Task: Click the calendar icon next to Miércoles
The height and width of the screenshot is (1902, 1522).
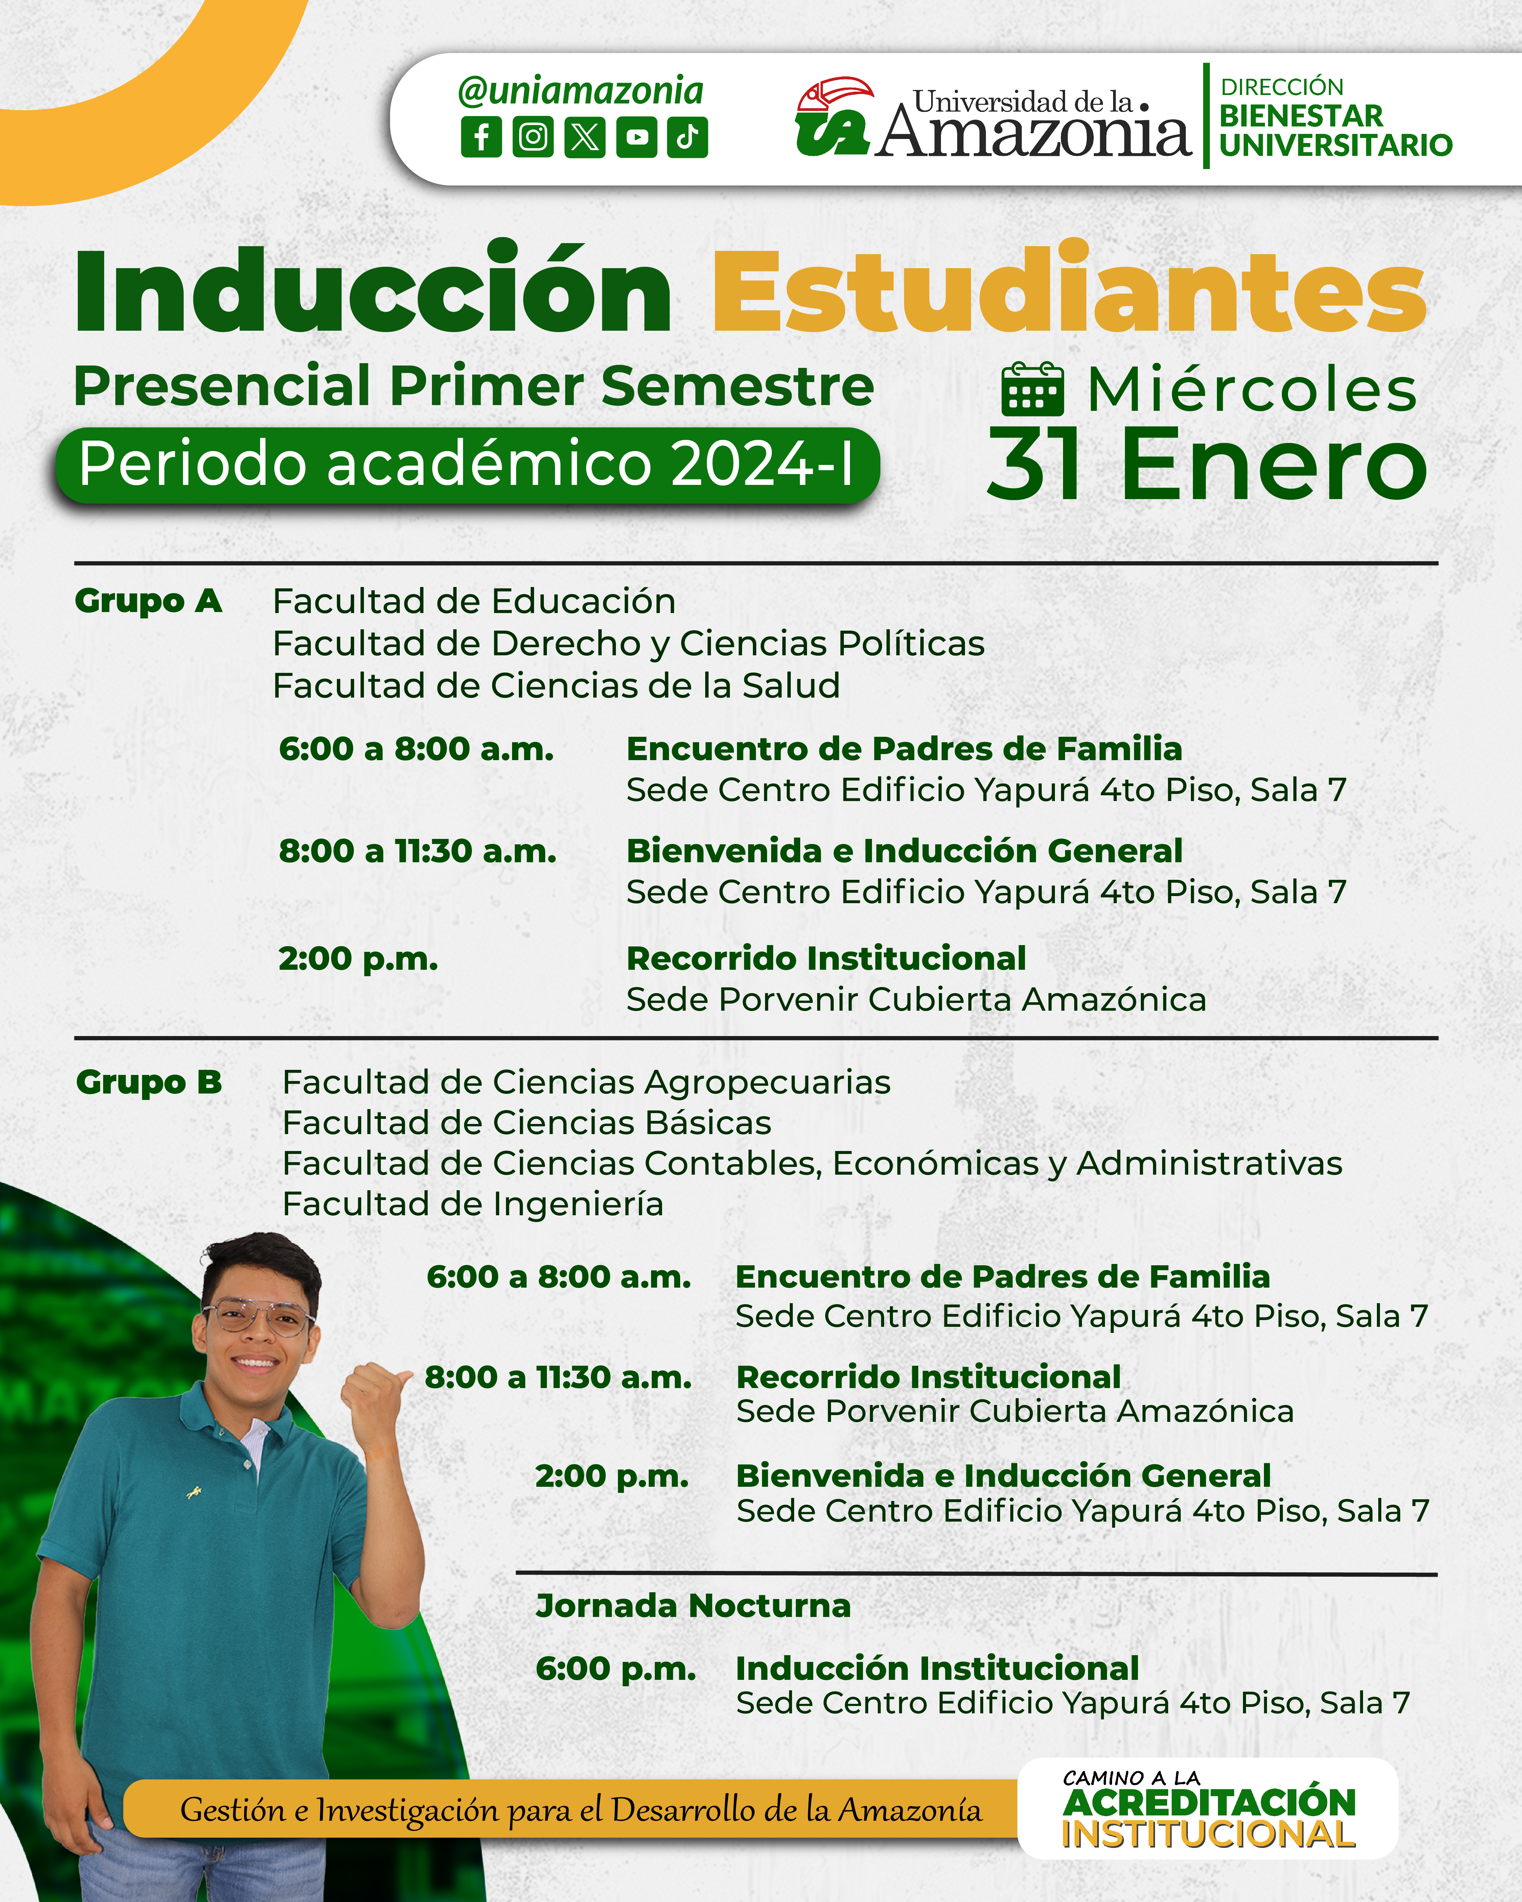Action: coord(1032,389)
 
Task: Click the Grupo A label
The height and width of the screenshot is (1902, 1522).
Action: coord(148,601)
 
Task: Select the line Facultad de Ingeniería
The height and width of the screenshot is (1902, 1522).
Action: coord(473,1204)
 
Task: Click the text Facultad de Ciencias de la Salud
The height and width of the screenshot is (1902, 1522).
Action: coord(556,685)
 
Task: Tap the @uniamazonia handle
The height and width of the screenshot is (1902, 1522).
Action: coord(581,91)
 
